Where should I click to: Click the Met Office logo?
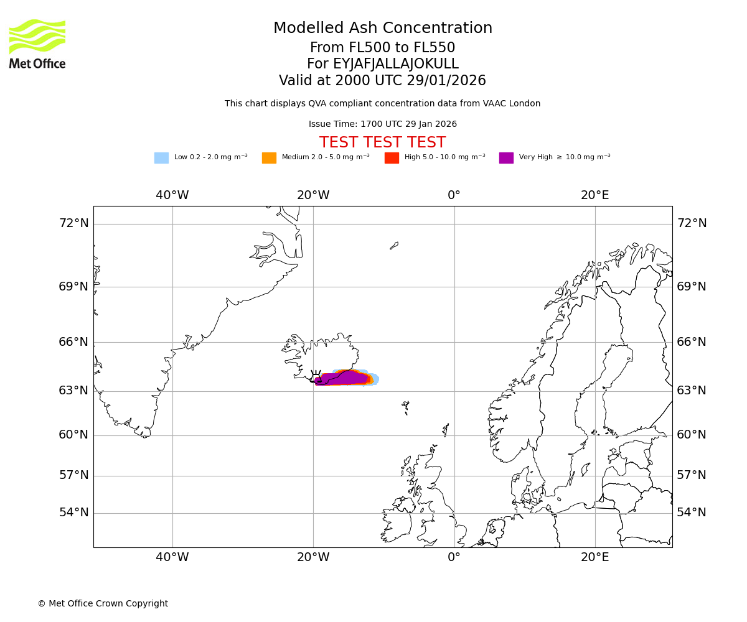(x=37, y=44)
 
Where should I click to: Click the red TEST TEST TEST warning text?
(x=382, y=142)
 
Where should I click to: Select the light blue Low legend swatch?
(x=161, y=157)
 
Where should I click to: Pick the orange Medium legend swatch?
(x=269, y=157)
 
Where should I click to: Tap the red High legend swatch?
(x=392, y=157)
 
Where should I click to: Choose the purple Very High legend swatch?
(x=506, y=157)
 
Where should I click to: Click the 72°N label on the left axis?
(x=73, y=223)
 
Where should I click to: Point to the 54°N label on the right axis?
(x=692, y=513)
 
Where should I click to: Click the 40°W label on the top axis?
(x=172, y=195)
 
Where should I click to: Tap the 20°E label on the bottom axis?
(x=595, y=557)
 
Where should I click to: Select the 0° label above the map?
(x=454, y=195)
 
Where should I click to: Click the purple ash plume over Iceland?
(x=342, y=378)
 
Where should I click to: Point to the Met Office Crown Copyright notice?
(x=103, y=603)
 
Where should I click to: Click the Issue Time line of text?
(x=382, y=124)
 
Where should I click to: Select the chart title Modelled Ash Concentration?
(x=382, y=28)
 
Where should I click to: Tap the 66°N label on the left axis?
(x=73, y=342)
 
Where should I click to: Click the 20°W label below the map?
(x=313, y=557)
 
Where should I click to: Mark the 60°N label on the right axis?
(x=692, y=435)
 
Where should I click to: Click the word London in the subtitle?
(x=525, y=104)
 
